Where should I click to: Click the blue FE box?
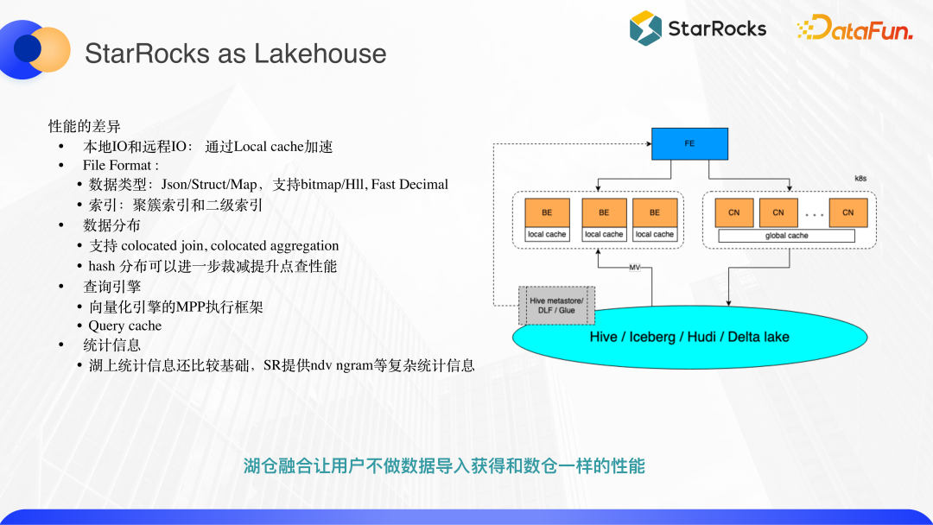point(689,143)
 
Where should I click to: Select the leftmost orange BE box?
point(546,212)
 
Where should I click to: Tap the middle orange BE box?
point(603,212)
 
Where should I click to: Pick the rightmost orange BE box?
point(654,212)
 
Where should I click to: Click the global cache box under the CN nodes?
point(786,236)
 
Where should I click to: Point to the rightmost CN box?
point(847,212)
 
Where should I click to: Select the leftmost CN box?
point(733,212)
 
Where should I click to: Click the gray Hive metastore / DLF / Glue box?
point(556,305)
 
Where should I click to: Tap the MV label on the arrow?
point(634,268)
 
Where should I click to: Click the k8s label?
point(860,179)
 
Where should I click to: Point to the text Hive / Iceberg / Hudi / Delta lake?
point(689,337)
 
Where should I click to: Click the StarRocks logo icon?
point(645,28)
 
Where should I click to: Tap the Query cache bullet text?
point(124,326)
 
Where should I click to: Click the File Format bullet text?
point(120,165)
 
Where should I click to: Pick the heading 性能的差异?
point(85,127)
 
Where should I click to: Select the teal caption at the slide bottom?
point(444,466)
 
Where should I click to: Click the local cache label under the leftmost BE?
point(546,235)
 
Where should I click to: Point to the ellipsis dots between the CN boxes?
point(813,213)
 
